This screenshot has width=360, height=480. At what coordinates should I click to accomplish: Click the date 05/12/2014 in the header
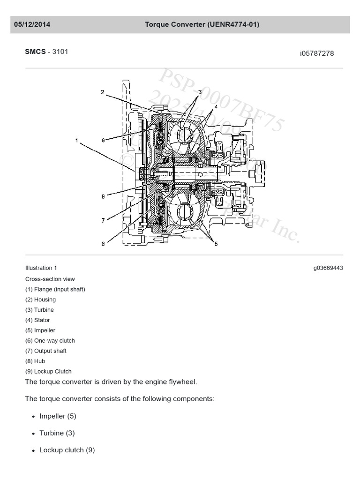(x=32, y=24)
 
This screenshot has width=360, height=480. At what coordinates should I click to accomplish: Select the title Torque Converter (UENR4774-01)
(x=202, y=24)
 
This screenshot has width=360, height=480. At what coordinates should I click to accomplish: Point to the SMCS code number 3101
(x=60, y=52)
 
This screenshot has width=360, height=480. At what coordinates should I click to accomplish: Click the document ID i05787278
(x=317, y=53)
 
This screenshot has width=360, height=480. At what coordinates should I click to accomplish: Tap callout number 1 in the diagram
(x=76, y=140)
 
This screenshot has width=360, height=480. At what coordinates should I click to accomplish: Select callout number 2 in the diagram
(x=103, y=92)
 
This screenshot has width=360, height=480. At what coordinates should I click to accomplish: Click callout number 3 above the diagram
(x=199, y=92)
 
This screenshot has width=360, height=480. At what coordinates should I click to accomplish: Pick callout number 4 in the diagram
(x=216, y=107)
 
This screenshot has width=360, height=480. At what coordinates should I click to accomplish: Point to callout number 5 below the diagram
(x=216, y=244)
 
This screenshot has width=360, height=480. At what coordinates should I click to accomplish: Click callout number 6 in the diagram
(x=103, y=243)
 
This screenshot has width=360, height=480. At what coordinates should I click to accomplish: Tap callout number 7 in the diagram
(x=103, y=220)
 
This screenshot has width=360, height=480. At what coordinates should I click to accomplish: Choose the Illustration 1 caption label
(x=41, y=268)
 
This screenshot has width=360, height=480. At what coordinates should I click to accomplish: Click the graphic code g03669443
(x=328, y=268)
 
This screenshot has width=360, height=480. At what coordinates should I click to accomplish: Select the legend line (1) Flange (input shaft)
(x=55, y=289)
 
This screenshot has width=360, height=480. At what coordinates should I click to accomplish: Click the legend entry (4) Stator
(x=37, y=320)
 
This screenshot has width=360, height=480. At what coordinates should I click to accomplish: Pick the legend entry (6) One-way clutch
(x=50, y=341)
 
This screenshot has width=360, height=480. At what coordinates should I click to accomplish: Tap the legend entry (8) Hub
(x=35, y=361)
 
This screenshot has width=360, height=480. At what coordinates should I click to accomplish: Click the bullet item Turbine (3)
(x=57, y=433)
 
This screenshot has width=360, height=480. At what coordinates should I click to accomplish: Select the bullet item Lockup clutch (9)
(x=67, y=450)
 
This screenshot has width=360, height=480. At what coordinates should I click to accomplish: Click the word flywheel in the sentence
(x=181, y=382)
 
